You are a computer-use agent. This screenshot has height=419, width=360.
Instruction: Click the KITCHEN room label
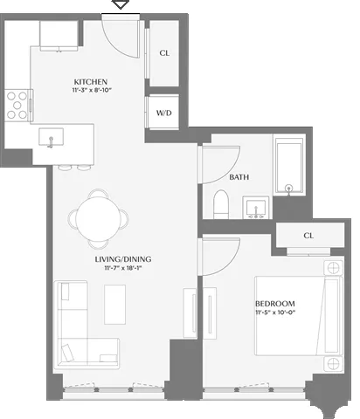(x=90, y=82)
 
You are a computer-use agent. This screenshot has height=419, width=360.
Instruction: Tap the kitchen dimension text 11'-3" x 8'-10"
(x=90, y=91)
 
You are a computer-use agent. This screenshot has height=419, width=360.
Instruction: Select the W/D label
(x=163, y=113)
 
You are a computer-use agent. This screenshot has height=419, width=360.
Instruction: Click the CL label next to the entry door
(x=163, y=52)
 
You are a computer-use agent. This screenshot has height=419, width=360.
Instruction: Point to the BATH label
(x=239, y=177)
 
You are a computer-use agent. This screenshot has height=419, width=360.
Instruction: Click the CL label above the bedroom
(x=308, y=236)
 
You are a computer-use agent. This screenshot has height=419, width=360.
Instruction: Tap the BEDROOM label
(x=276, y=303)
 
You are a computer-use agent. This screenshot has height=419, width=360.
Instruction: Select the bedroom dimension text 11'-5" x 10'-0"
(x=276, y=313)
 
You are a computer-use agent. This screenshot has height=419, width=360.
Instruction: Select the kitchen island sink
(x=52, y=138)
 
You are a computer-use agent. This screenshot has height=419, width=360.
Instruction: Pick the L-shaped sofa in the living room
(x=79, y=336)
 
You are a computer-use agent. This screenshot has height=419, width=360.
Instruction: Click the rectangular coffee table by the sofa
(x=115, y=302)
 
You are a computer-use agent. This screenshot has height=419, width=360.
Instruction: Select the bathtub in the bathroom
(x=287, y=166)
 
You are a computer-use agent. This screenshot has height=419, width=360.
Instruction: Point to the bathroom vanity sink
(x=255, y=207)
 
